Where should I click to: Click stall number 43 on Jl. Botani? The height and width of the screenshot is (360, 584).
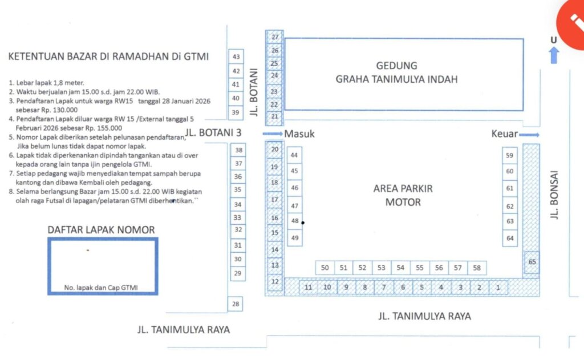[236, 56]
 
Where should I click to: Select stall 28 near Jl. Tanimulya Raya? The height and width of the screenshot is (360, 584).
[236, 304]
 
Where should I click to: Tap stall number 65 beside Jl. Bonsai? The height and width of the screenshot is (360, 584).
[532, 262]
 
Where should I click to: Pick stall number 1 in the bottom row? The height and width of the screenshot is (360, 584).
[498, 288]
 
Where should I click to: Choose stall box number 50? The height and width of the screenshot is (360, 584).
[325, 268]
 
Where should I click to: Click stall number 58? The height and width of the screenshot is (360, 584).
[477, 268]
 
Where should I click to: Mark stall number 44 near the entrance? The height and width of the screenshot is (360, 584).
[294, 155]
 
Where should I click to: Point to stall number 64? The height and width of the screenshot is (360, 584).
[510, 238]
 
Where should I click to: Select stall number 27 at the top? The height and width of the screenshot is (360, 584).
[275, 37]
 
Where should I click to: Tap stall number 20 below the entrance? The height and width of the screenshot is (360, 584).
[275, 149]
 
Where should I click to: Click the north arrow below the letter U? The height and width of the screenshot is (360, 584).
[554, 55]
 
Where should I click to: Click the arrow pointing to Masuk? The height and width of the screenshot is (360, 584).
[272, 134]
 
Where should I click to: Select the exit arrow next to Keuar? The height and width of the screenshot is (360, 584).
[529, 135]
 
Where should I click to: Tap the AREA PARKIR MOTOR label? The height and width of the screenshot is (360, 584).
[403, 195]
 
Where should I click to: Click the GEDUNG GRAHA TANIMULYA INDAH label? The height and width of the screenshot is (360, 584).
[397, 72]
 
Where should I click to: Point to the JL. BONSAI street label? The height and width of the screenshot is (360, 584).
[554, 195]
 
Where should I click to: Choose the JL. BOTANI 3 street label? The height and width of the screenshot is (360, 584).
[213, 133]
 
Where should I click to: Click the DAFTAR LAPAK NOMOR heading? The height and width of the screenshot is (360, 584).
[101, 229]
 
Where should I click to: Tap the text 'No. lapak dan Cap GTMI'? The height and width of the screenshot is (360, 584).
[101, 288]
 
